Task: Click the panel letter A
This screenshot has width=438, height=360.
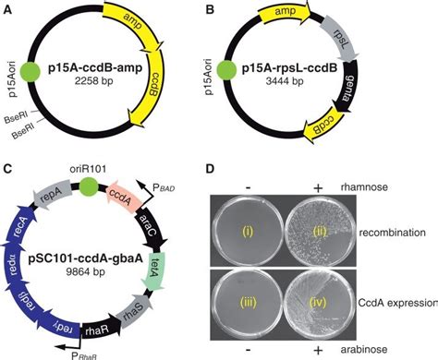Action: [x=7, y=9]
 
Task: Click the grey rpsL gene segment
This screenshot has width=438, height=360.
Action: [x=353, y=41]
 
